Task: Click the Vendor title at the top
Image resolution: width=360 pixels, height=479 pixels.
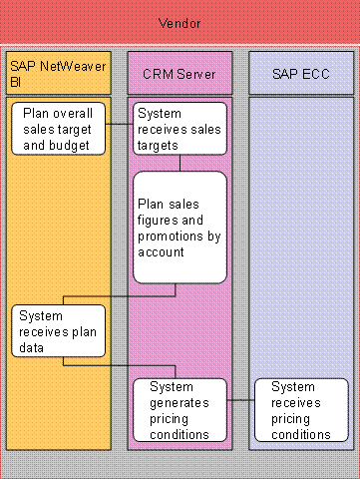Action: tap(180, 22)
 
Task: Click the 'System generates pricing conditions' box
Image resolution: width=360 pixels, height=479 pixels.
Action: tap(180, 409)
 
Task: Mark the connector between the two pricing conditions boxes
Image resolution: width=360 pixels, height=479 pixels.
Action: tap(240, 400)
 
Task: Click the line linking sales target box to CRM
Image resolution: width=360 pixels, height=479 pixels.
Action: tap(120, 125)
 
